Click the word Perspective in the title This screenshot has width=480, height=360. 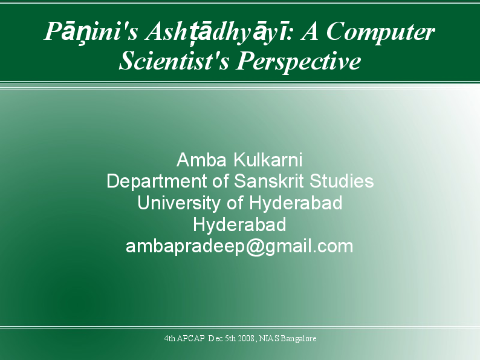point(298,61)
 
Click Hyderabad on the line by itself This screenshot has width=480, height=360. point(239,224)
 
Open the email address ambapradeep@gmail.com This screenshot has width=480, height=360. point(239,247)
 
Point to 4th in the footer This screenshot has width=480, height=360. point(169,338)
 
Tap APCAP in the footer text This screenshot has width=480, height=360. point(190,338)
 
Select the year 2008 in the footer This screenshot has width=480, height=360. point(245,338)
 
